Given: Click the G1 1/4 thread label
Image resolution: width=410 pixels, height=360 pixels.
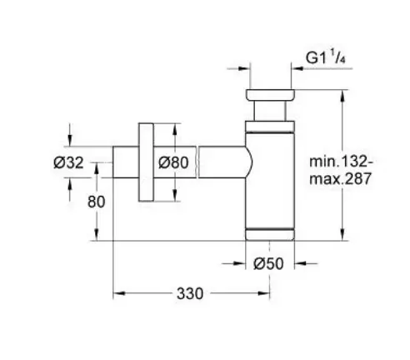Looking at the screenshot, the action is [x=325, y=57].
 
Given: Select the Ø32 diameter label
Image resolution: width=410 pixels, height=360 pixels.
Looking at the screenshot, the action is [x=68, y=162].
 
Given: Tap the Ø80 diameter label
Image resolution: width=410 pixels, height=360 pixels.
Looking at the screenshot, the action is [x=173, y=162].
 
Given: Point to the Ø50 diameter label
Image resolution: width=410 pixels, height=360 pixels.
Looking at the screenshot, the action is [x=268, y=263].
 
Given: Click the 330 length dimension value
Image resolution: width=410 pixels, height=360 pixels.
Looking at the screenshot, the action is [x=190, y=293].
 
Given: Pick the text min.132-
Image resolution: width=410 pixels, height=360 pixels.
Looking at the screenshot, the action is [x=342, y=162].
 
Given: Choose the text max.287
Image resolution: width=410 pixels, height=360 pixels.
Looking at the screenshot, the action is [x=340, y=178].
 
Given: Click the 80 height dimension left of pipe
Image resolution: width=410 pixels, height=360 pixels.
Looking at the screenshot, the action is [x=96, y=202].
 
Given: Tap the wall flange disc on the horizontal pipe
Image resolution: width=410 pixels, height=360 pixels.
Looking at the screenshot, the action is [x=146, y=162].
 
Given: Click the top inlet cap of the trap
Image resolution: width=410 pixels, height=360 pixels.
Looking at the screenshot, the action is [x=270, y=94].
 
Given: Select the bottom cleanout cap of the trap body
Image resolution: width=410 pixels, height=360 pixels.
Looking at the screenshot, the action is [x=270, y=234].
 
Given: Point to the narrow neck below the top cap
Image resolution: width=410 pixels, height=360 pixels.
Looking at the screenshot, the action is [x=270, y=111].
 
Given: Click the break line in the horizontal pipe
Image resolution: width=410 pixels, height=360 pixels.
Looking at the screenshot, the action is [x=197, y=162].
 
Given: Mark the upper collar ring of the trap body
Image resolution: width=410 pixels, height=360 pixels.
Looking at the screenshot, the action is [x=270, y=127].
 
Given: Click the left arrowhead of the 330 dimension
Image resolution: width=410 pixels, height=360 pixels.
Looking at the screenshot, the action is [x=119, y=293].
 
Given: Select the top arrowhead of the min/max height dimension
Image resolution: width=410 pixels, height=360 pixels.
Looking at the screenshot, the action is [x=342, y=96].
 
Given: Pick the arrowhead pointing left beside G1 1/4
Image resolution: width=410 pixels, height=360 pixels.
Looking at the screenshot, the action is [x=297, y=68].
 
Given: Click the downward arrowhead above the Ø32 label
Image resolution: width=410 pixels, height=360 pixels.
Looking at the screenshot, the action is [x=69, y=140].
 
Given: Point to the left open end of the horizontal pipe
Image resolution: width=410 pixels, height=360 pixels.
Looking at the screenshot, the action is [x=113, y=162].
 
